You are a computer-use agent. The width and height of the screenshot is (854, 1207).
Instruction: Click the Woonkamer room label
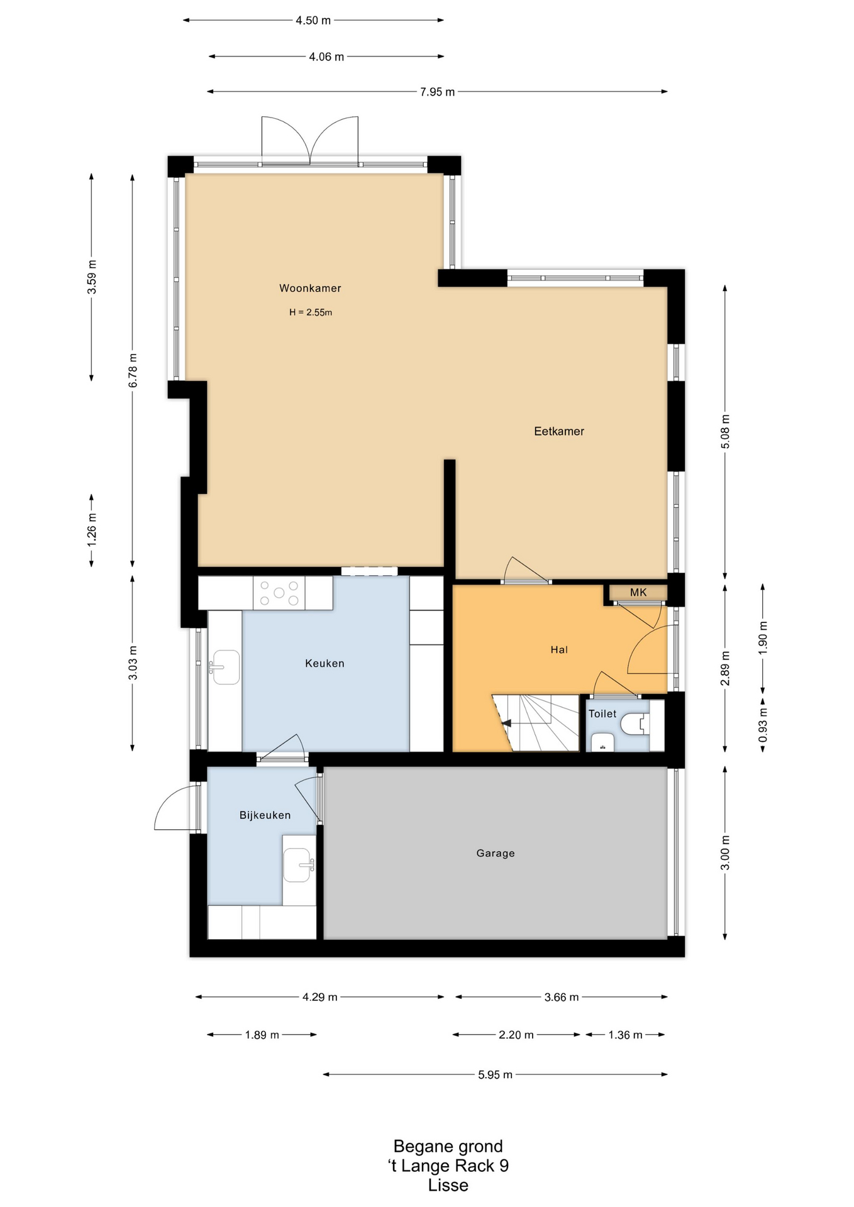point(310,289)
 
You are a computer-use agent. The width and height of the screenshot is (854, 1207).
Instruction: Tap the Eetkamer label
point(559,431)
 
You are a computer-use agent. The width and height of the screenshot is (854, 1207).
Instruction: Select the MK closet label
point(638,592)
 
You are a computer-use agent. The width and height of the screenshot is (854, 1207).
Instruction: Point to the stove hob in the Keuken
point(279,593)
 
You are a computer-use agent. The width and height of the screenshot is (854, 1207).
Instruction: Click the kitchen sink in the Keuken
point(225,667)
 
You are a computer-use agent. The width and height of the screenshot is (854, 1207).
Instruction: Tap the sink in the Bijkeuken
point(299,865)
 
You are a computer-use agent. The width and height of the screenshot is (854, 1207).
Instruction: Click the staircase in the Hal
point(535,722)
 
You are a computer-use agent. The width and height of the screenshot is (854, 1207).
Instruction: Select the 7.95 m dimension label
point(437,92)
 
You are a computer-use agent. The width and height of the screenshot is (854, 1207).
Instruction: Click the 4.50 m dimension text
point(313,20)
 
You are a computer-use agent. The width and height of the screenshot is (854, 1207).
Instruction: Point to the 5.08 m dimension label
point(725,431)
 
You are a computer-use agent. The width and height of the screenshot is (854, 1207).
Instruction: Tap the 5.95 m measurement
point(495,1074)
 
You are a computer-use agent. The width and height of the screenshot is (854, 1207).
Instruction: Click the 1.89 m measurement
point(262,1034)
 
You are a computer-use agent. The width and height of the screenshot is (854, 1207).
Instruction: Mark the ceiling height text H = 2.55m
point(311,312)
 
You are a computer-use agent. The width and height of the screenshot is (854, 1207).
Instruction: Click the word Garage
point(496,853)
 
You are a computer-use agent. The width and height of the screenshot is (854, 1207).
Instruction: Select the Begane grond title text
point(448,1146)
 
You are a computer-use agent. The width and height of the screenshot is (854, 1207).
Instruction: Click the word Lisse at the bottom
point(448,1185)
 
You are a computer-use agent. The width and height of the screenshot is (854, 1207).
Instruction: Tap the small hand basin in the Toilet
point(602,742)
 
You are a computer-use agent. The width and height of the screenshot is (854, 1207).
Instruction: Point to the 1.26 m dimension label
point(92,529)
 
